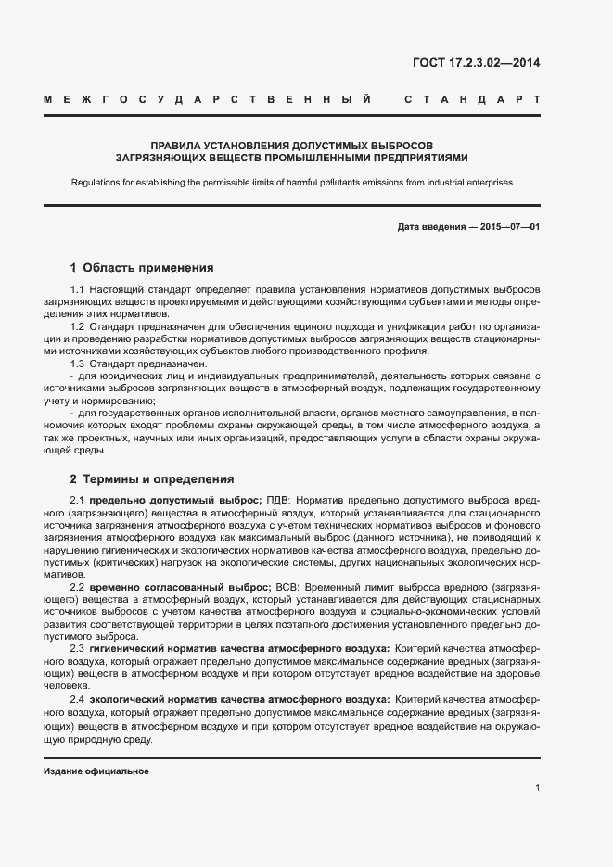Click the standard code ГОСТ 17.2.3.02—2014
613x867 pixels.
[475, 64]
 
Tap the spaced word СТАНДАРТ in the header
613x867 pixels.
[472, 98]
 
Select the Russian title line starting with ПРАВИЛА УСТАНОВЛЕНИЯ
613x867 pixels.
[291, 146]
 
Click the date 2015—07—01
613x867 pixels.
[509, 227]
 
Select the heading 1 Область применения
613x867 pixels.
[142, 268]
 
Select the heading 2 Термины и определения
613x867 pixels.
[152, 479]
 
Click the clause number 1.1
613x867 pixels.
[78, 291]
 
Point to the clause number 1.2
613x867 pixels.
[78, 327]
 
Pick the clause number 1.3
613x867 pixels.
[78, 363]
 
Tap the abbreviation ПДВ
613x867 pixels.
[279, 502]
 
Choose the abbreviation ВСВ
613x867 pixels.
[287, 587]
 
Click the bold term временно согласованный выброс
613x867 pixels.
[180, 587]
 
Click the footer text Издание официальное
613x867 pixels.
[96, 771]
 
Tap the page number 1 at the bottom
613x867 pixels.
[537, 788]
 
